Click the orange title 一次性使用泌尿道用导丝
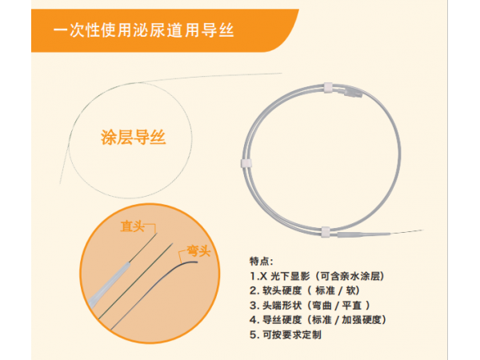tap(143, 30)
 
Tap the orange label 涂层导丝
tap(133, 137)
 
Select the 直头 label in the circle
tap(132, 226)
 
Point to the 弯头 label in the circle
tap(198, 251)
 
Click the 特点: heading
tap(261, 262)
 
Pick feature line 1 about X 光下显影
tap(317, 276)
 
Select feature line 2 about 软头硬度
tap(305, 290)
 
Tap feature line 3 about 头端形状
tap(310, 306)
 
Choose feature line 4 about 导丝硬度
tap(318, 320)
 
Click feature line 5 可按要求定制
tap(286, 334)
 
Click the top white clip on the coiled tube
tap(328, 87)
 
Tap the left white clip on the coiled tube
tap(246, 163)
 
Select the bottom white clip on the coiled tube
tap(326, 232)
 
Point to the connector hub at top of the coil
tap(353, 93)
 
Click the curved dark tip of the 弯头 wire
tap(189, 262)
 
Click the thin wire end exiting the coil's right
tap(406, 232)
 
